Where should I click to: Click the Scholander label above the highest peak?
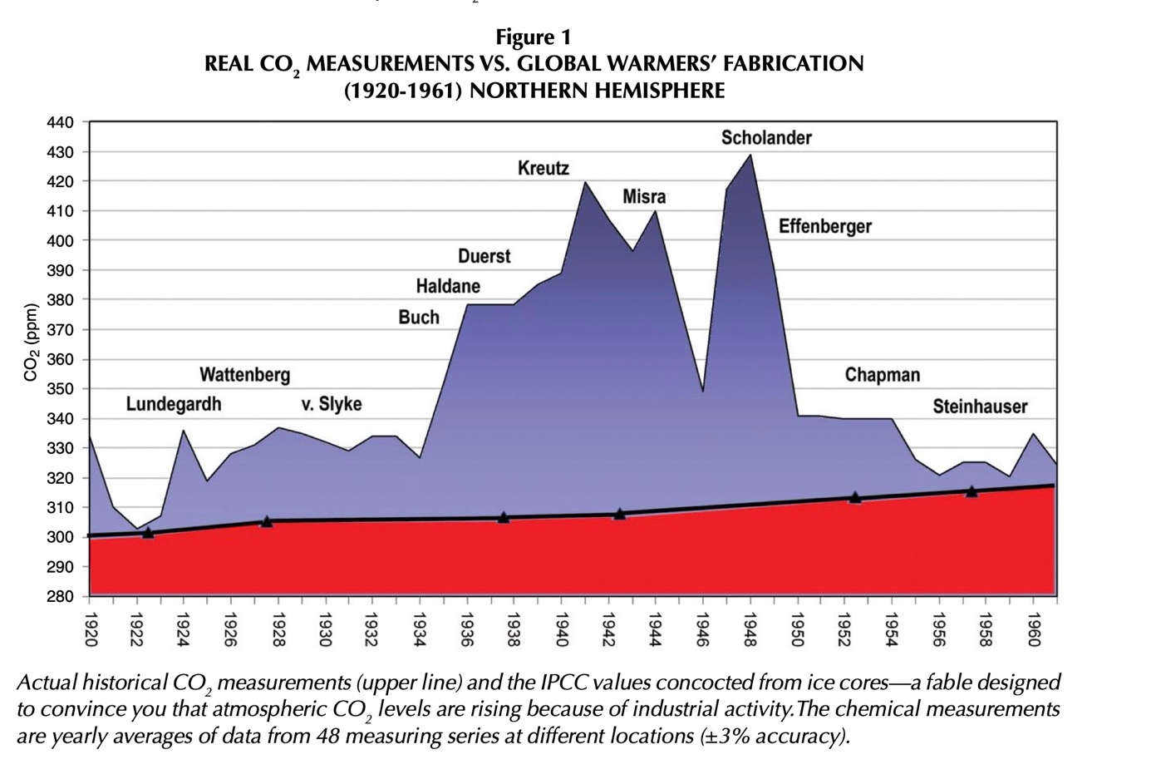765,138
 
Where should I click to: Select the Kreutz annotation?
544,169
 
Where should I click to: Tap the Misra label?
644,197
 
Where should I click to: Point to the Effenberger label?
824,226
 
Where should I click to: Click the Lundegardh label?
174,405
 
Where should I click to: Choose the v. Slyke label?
331,405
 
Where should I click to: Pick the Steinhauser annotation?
980,407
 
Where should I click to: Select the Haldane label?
448,287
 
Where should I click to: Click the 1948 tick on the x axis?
751,630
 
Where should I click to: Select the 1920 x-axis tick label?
91,630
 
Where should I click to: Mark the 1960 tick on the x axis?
1034,630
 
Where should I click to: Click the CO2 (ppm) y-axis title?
32,343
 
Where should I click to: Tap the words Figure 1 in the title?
534,37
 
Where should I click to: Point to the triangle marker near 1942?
620,514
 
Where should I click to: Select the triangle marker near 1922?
148,532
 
